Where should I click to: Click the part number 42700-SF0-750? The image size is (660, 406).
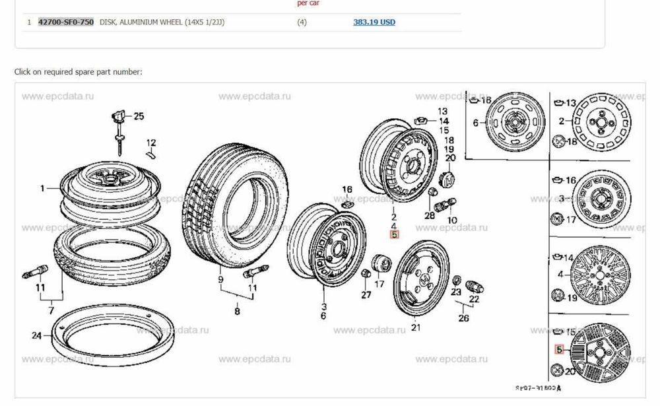click(65, 22)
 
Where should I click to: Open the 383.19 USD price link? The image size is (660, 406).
click(374, 22)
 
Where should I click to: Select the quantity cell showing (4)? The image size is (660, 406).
click(302, 22)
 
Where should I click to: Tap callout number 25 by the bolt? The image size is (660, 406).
click(138, 117)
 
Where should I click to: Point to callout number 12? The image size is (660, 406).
click(151, 143)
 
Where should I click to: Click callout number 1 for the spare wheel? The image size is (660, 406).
click(42, 188)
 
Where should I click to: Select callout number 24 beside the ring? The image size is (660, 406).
click(36, 335)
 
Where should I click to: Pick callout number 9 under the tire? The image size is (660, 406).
click(221, 279)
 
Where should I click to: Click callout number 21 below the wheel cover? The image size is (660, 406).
click(415, 327)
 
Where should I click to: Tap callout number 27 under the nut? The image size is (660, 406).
click(366, 295)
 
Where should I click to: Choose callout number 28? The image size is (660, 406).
click(430, 216)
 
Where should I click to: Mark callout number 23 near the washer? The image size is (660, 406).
click(456, 291)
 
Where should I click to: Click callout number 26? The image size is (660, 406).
click(463, 320)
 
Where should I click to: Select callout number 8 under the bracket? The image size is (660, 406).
click(237, 312)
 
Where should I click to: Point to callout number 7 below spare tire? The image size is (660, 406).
click(51, 310)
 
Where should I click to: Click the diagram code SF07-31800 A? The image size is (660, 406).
click(539, 388)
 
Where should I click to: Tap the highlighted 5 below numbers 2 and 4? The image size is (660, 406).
click(394, 234)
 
